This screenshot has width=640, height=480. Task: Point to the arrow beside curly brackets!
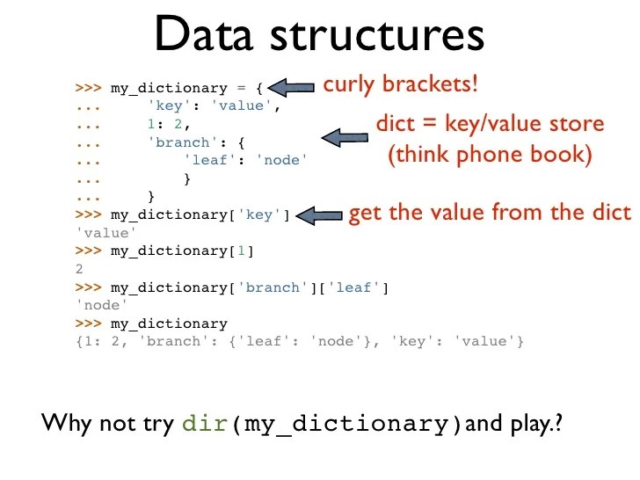[x=291, y=87]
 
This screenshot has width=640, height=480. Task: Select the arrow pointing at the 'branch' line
[x=345, y=137]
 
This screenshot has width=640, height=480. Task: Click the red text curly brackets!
[x=400, y=85]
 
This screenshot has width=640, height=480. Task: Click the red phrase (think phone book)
[x=491, y=156]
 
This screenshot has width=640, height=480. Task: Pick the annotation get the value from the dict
[x=490, y=214]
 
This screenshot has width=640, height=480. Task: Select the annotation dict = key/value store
[x=490, y=123]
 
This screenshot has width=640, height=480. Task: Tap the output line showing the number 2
[x=80, y=270]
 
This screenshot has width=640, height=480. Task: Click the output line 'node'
[x=98, y=306]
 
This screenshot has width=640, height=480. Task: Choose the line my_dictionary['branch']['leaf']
[x=249, y=287]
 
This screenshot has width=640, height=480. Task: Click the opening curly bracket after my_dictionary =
[x=258, y=88]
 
